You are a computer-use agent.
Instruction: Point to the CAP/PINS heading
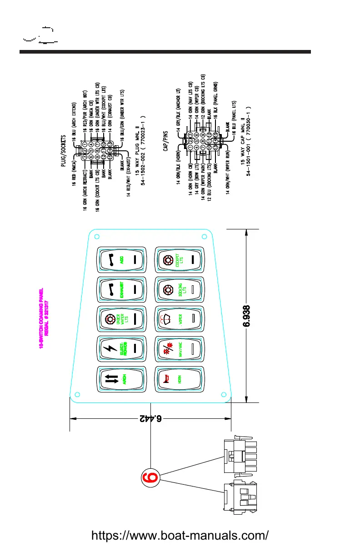[x=166, y=142]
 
